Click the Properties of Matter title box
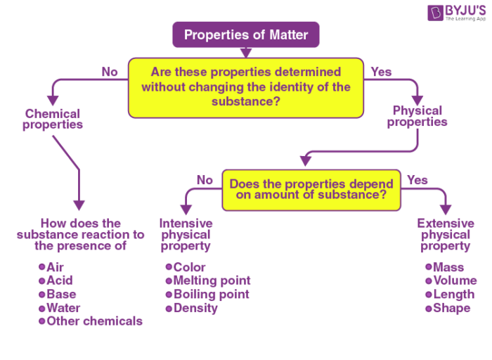(x=245, y=34)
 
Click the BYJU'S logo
(x=456, y=13)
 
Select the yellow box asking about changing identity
(x=245, y=87)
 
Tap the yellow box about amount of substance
(x=311, y=189)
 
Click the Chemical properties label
(x=53, y=119)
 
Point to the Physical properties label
(x=417, y=116)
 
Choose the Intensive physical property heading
(x=186, y=235)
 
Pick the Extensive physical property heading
(x=446, y=235)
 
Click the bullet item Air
(x=55, y=267)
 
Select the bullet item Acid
(x=59, y=281)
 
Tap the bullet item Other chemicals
(x=94, y=321)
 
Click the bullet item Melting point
(x=211, y=281)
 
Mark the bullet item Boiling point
(x=211, y=294)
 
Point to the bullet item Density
(x=195, y=308)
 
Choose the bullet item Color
(x=189, y=267)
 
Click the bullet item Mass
(x=448, y=267)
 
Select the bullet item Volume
(x=454, y=281)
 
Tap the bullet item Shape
(x=451, y=308)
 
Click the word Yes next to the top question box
(x=381, y=72)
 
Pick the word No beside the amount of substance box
(x=205, y=180)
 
